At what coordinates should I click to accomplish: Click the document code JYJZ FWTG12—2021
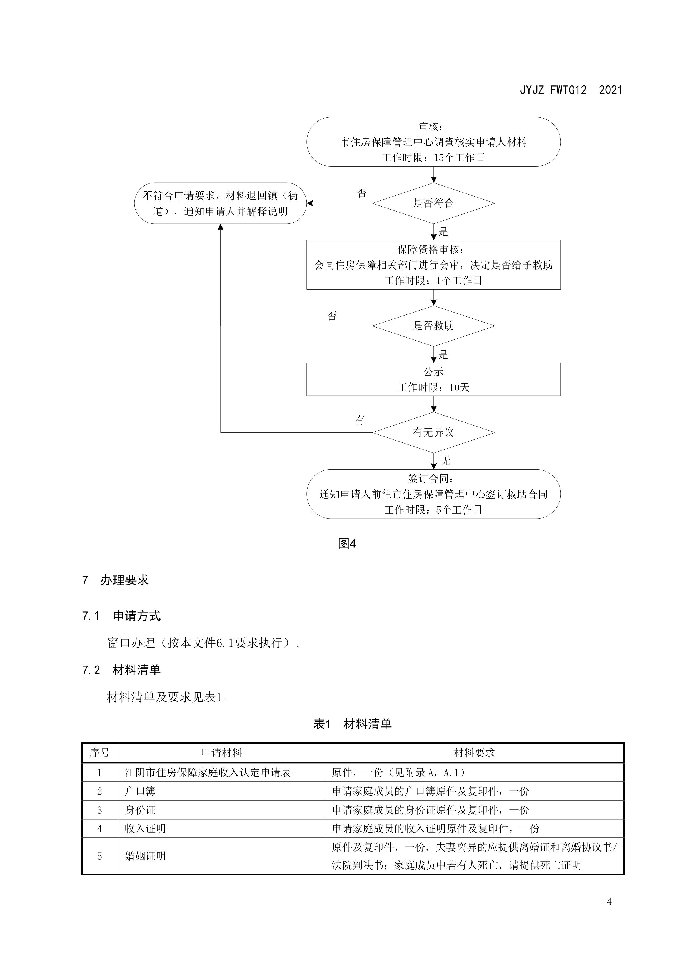point(571,90)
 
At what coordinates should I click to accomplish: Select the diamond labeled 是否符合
point(433,203)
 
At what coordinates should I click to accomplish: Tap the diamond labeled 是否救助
point(433,326)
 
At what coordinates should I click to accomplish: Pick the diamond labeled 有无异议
point(433,432)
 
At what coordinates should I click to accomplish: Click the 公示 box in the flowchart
point(433,379)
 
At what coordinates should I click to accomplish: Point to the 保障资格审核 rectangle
point(433,265)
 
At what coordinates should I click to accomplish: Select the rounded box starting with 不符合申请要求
point(220,203)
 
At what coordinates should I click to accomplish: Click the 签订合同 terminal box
point(433,494)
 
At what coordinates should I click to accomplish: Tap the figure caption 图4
point(346,543)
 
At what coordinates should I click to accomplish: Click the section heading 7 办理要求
point(116,580)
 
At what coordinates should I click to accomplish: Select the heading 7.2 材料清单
point(121,670)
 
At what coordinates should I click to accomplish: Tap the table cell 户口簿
point(140,791)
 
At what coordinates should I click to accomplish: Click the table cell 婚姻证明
point(145,856)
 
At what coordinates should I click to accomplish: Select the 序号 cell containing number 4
point(99,829)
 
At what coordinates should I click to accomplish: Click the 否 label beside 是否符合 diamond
point(362,193)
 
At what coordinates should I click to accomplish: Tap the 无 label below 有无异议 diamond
point(445,461)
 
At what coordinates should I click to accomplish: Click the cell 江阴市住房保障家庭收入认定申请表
point(208,772)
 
